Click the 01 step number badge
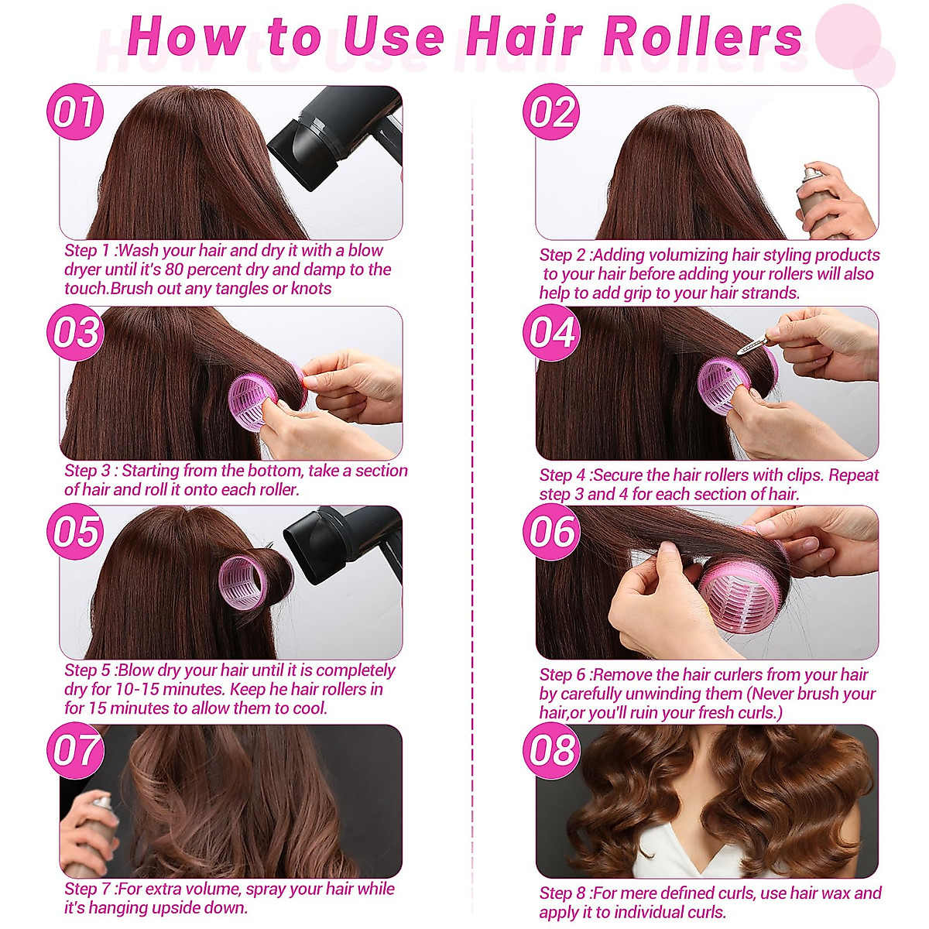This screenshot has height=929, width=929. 75,112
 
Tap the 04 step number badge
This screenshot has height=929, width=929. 551,333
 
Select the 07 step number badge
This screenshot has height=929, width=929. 75,751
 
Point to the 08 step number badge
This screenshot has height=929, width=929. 551,751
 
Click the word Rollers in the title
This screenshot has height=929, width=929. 703,36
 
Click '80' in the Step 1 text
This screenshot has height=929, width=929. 175,269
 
